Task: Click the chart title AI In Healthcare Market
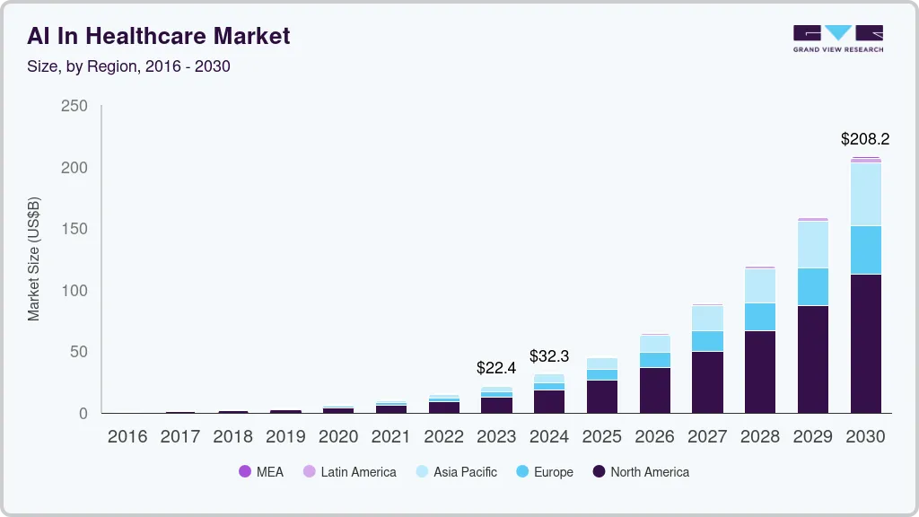[159, 36]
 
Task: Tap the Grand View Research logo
[837, 38]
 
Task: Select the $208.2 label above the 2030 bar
[865, 139]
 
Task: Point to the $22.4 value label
[496, 367]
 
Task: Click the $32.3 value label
[549, 356]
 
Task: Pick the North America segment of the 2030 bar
[866, 343]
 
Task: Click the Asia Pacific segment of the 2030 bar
[866, 194]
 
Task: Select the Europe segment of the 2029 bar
[813, 286]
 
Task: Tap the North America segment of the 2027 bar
[707, 381]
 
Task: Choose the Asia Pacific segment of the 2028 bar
[760, 285]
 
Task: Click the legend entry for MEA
[261, 472]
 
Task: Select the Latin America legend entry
[349, 472]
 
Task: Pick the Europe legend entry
[545, 472]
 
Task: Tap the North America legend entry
[641, 472]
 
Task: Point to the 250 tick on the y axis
[74, 106]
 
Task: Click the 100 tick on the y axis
[74, 291]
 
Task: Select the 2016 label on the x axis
[127, 437]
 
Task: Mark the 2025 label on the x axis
[602, 437]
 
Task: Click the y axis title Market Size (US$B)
[34, 259]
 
